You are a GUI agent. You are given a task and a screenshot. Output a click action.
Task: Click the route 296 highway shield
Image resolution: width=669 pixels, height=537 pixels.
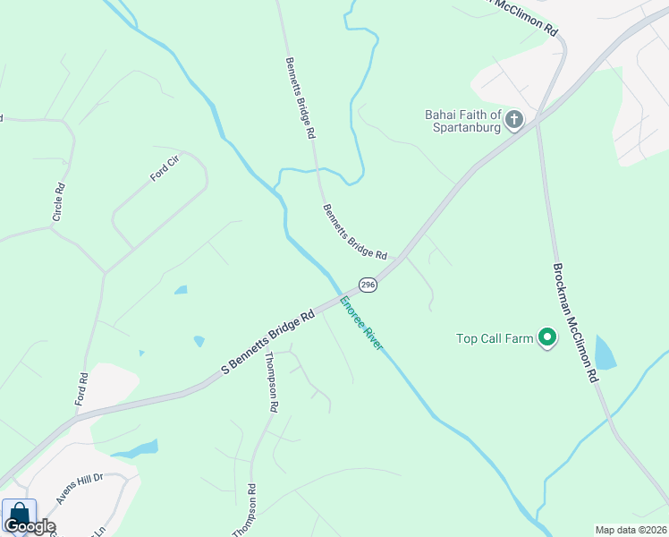point(368,285)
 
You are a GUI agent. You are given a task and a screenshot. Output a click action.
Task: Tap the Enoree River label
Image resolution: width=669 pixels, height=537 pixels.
point(360,322)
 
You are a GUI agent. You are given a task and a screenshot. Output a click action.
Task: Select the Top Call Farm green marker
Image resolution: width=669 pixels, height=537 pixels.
point(546,337)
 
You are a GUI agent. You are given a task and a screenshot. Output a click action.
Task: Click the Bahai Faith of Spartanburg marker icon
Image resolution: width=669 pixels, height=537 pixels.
point(514,119)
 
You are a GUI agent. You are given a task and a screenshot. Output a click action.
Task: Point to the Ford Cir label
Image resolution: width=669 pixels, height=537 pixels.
point(165,169)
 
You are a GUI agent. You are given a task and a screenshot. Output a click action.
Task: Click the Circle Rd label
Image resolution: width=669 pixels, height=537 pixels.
point(60,202)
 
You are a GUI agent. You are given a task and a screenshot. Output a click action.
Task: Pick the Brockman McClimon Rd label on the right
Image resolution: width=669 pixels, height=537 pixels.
point(575,323)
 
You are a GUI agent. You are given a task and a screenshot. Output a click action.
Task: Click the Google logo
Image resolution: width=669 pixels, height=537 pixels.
point(30,526)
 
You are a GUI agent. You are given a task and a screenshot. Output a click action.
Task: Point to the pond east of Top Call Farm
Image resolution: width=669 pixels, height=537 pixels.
point(605,353)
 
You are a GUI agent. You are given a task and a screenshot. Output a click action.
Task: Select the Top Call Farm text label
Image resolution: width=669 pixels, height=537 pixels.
point(495,338)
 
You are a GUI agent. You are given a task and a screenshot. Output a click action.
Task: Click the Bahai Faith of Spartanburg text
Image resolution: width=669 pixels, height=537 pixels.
point(462,120)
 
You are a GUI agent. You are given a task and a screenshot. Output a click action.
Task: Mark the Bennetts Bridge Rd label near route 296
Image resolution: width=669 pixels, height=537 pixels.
point(354,230)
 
